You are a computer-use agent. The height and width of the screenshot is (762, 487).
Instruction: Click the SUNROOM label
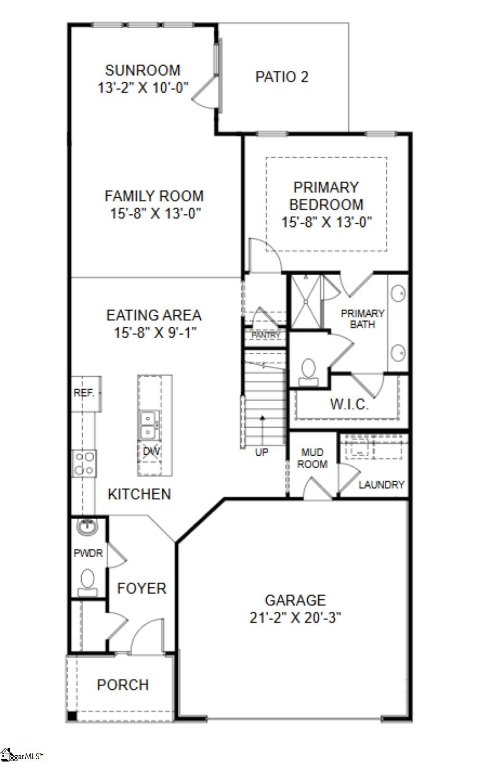click(x=143, y=70)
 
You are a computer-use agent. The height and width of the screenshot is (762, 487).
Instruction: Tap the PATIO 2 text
click(x=282, y=77)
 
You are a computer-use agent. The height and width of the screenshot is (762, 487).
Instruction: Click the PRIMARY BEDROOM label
click(x=326, y=196)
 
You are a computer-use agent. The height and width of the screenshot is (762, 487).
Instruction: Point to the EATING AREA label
click(x=154, y=315)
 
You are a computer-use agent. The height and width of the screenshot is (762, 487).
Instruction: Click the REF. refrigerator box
click(x=85, y=393)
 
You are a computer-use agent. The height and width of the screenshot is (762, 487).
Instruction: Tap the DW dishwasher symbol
click(x=151, y=451)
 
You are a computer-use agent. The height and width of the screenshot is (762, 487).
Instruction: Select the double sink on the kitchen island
click(x=149, y=425)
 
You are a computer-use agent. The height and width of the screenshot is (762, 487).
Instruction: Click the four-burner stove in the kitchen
click(x=84, y=463)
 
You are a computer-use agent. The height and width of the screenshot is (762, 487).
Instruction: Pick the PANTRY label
click(x=265, y=335)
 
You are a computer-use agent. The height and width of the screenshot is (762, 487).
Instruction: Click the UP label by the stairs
click(x=262, y=452)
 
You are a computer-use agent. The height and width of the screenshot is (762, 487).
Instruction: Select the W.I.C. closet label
click(x=349, y=405)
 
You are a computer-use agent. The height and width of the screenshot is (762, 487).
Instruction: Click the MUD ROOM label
click(x=312, y=458)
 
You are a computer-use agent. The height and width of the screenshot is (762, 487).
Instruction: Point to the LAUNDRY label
click(x=381, y=485)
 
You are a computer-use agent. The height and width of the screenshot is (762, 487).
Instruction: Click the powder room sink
click(x=87, y=527)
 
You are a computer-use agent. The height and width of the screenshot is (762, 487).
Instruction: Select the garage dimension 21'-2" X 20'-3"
click(x=295, y=618)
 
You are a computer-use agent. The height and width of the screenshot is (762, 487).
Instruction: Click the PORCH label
click(x=123, y=685)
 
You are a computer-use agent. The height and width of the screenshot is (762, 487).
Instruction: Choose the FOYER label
click(x=142, y=588)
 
